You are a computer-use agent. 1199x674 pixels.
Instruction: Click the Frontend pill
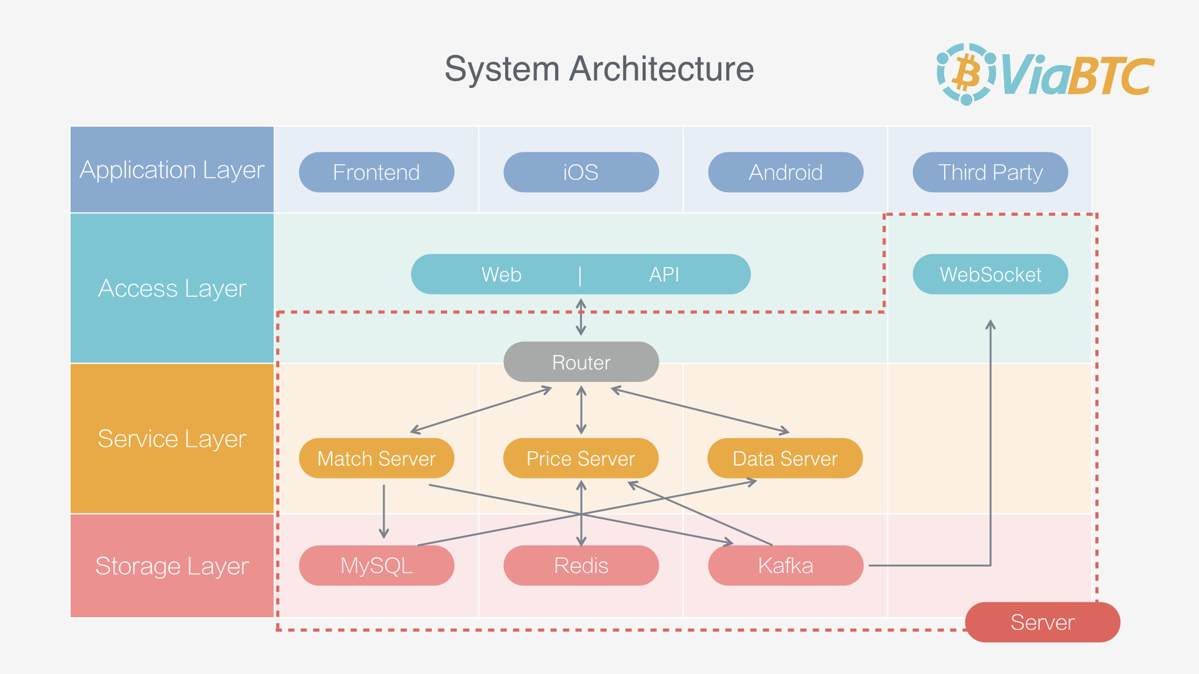coord(377,172)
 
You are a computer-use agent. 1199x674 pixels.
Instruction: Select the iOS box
coord(581,172)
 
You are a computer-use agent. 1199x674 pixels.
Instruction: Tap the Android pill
coord(786,172)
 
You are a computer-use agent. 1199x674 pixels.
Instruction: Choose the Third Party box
coord(990,172)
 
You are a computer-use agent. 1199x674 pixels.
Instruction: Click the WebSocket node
coord(990,274)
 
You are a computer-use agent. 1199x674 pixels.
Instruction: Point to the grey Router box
coord(581,362)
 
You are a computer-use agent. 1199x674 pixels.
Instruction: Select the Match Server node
coord(377,459)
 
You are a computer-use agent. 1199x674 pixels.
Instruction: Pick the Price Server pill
coord(581,459)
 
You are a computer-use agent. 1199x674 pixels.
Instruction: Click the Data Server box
coord(785,459)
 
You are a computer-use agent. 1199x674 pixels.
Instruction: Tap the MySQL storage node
coord(377,565)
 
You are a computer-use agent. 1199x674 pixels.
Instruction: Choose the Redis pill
coord(581,565)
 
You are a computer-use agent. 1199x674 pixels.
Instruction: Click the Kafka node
coord(786,565)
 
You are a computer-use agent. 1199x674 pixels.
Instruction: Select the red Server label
coord(1042,622)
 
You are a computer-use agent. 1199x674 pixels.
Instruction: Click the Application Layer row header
coord(172,170)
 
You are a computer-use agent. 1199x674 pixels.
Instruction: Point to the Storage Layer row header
coord(172,565)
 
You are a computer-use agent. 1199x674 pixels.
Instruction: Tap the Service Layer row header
coord(172,439)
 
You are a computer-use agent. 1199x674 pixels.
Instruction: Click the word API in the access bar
coord(664,275)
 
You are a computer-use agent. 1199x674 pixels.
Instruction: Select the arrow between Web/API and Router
coord(581,317)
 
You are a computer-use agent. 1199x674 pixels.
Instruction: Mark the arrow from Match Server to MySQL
coord(384,511)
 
